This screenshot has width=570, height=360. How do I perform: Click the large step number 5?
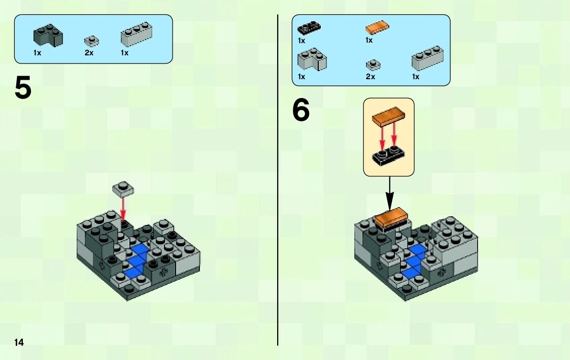(23, 88)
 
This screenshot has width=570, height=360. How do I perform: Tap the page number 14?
(19, 342)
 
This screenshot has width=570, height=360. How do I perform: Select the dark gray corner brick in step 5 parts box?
(48, 35)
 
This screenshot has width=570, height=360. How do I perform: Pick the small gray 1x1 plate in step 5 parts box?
(91, 41)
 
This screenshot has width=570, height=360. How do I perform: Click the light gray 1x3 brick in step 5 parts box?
(137, 34)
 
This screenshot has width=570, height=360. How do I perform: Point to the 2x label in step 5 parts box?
(89, 53)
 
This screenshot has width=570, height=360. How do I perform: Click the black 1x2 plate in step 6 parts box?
(309, 27)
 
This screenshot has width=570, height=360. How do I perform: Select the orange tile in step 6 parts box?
(377, 27)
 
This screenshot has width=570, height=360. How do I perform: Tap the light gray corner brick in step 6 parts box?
(312, 59)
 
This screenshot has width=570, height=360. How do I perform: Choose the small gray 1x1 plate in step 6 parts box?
(373, 65)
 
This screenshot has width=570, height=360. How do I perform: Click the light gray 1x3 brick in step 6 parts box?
(427, 58)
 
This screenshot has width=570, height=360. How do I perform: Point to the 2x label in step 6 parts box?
(371, 77)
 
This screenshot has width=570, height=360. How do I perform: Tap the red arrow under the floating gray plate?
(123, 208)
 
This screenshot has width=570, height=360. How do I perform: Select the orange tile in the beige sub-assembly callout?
(389, 116)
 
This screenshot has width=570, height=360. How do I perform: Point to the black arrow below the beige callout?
(389, 193)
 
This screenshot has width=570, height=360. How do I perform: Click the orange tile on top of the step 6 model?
(390, 217)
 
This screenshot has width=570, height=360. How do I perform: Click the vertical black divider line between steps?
(278, 180)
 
